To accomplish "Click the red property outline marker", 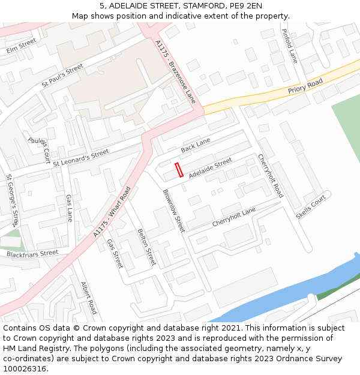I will click(x=179, y=170).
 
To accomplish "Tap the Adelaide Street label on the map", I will click(x=210, y=169).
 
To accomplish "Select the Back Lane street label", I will click(x=196, y=145).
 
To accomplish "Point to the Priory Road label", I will click(x=305, y=86).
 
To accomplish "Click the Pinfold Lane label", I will click(x=289, y=47).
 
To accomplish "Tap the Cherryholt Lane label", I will click(x=233, y=217).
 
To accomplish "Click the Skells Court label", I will click(x=310, y=206).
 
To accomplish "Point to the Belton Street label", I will click(x=146, y=247).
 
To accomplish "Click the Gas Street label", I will click(x=115, y=253).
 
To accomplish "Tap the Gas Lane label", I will click(x=69, y=208).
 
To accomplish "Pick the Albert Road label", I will click(x=89, y=298).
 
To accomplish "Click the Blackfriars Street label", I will click(x=32, y=254).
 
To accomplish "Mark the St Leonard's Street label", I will click(x=81, y=157).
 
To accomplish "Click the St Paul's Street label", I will click(x=62, y=77).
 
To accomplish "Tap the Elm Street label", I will click(x=22, y=46).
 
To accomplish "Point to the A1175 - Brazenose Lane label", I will click(x=175, y=72).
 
